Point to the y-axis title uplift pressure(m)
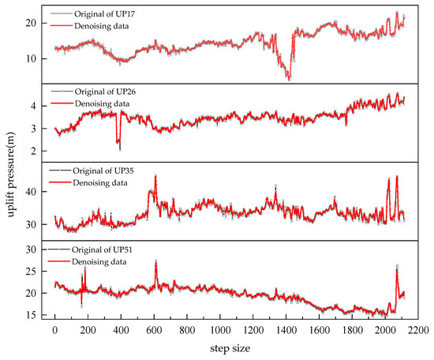10,163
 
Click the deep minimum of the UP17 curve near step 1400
289,79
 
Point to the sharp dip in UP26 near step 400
120,148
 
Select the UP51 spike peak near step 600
155,261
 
